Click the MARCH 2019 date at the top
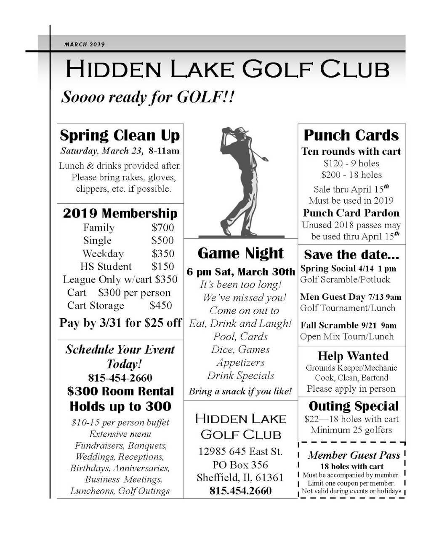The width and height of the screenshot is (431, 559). click(x=85, y=44)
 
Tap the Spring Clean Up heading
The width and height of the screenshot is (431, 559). click(x=120, y=135)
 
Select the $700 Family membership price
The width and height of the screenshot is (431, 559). click(x=162, y=228)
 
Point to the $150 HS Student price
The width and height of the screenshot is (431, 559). click(x=162, y=266)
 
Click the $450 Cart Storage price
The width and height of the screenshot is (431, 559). click(x=160, y=305)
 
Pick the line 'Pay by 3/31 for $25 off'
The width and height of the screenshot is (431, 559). click(x=120, y=323)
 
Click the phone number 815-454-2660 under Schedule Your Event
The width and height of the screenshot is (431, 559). click(x=120, y=378)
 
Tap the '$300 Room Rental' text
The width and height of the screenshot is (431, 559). click(x=120, y=392)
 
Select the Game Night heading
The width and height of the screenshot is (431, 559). click(x=240, y=253)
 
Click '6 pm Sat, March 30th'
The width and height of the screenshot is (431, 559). click(x=240, y=272)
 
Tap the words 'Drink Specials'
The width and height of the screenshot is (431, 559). click(x=240, y=376)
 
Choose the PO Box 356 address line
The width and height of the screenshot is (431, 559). click(x=240, y=465)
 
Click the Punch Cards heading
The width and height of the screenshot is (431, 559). click(x=351, y=135)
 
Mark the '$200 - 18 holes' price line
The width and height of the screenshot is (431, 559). click(x=351, y=175)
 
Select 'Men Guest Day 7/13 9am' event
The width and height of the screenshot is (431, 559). click(x=350, y=297)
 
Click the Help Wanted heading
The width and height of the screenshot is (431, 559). click(x=353, y=356)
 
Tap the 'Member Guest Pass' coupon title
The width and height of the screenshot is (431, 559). click(x=354, y=455)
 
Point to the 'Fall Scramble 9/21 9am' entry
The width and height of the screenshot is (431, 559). click(x=348, y=325)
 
